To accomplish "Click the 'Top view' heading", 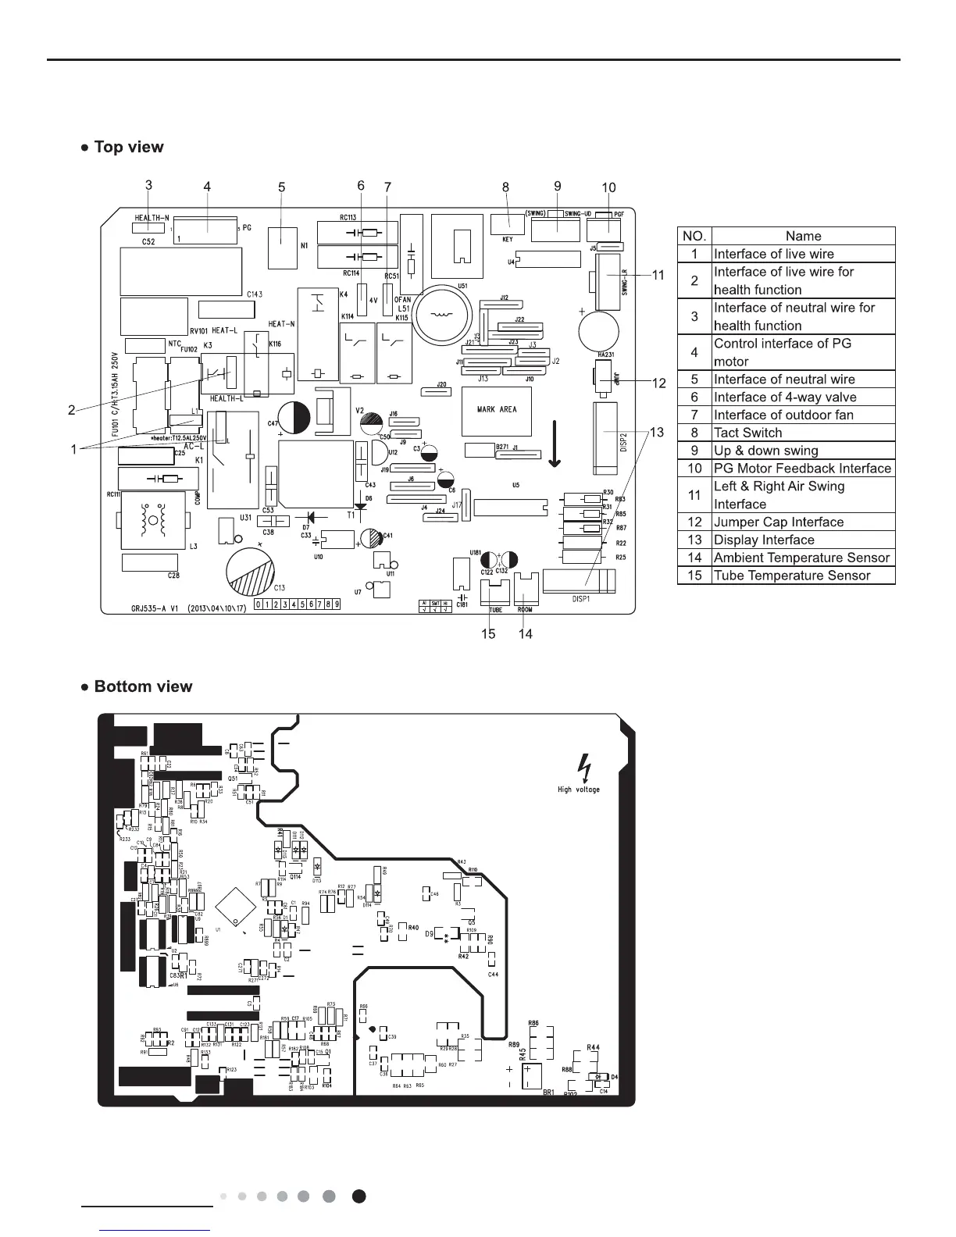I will click(128, 147).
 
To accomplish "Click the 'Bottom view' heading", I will click(142, 686).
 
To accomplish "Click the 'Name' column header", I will click(803, 236).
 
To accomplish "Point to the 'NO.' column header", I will click(694, 236).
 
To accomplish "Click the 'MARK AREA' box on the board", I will click(497, 409).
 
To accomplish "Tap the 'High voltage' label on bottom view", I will click(579, 790).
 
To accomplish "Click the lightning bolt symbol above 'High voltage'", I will click(582, 767).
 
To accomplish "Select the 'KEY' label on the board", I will click(508, 240).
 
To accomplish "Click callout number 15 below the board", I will click(488, 633).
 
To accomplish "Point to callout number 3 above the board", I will click(148, 185).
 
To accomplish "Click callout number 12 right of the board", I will click(660, 383).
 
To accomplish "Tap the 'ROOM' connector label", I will click(525, 610).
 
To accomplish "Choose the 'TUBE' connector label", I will click(495, 610).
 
